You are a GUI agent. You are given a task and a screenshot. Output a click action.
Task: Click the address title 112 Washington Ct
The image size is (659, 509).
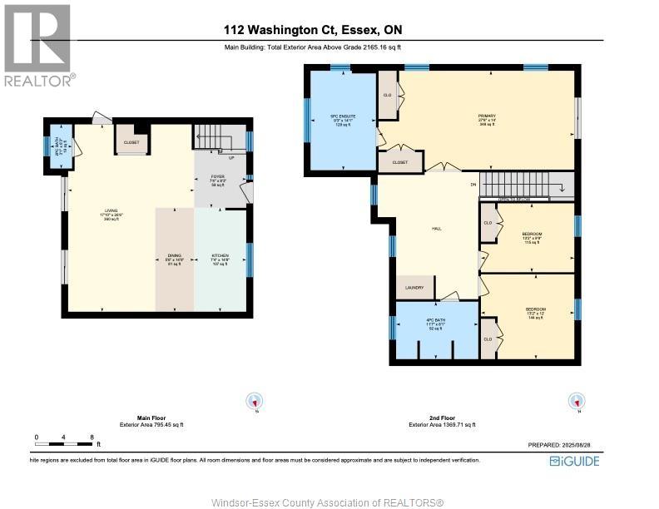(x=313, y=30)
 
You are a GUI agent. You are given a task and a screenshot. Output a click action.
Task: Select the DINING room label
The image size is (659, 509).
(x=173, y=258)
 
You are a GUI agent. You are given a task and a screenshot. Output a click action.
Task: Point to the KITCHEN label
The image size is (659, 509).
(x=220, y=258)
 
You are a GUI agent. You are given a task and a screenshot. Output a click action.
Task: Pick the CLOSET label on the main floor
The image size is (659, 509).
(x=131, y=142)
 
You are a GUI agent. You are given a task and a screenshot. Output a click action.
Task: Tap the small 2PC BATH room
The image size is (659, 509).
(x=58, y=145)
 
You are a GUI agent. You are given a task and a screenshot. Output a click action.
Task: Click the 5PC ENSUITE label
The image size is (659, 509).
(x=343, y=116)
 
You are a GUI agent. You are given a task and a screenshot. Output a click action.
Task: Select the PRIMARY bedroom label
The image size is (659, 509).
(x=486, y=116)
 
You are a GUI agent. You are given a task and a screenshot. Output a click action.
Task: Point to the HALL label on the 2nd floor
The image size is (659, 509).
(x=436, y=229)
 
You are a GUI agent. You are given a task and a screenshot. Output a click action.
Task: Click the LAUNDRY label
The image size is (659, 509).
(x=414, y=289)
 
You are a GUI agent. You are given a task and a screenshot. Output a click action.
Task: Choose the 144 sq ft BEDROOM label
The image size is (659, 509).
(x=535, y=313)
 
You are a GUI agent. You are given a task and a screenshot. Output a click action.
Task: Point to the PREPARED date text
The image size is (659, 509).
(x=563, y=444)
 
